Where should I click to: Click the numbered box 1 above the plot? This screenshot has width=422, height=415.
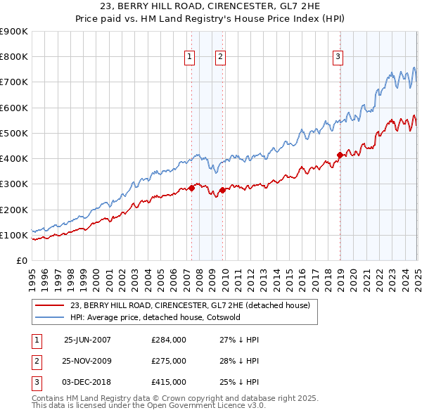(x=191, y=58)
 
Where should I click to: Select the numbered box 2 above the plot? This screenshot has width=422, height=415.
(x=220, y=58)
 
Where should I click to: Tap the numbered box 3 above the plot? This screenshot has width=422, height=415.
(x=338, y=58)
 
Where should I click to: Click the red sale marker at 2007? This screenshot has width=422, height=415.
(x=191, y=188)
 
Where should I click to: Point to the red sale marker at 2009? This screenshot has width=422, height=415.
(x=222, y=190)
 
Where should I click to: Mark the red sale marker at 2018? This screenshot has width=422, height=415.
(x=340, y=154)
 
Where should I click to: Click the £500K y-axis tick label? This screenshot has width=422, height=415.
(x=14, y=133)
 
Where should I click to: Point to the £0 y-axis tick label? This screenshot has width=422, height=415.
(x=21, y=260)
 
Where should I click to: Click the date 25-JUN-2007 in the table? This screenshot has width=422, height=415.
(x=87, y=339)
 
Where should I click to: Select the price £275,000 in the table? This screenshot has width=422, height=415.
(x=169, y=361)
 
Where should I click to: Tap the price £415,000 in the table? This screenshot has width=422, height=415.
(x=169, y=383)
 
